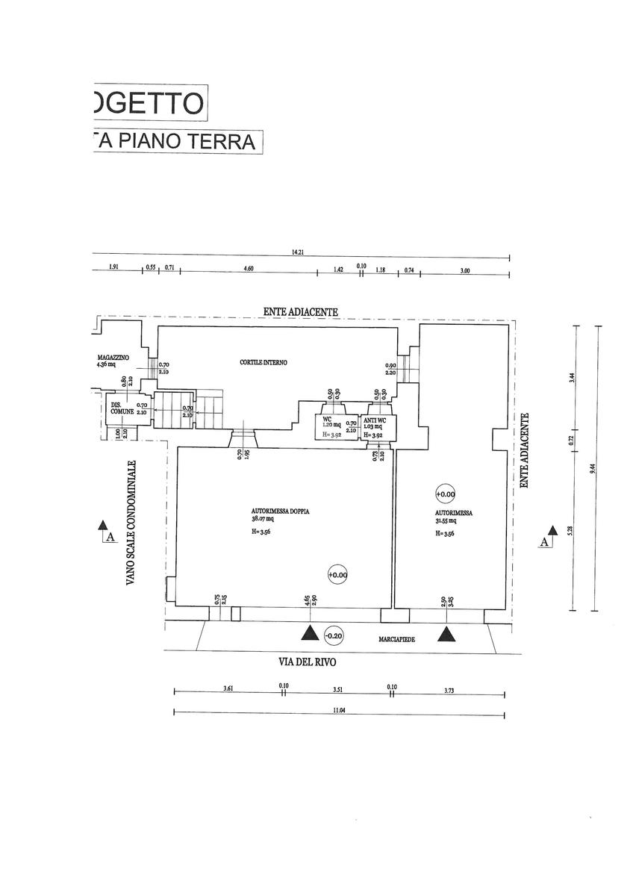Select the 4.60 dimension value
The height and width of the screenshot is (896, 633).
coord(249,270)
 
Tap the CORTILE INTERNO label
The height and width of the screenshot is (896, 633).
coord(264,363)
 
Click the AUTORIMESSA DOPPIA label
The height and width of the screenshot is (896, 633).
coord(281,512)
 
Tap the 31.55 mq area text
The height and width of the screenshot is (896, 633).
coord(450,522)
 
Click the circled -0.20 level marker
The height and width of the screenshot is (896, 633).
coord(334,636)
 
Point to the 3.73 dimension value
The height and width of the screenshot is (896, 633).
coord(448,691)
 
